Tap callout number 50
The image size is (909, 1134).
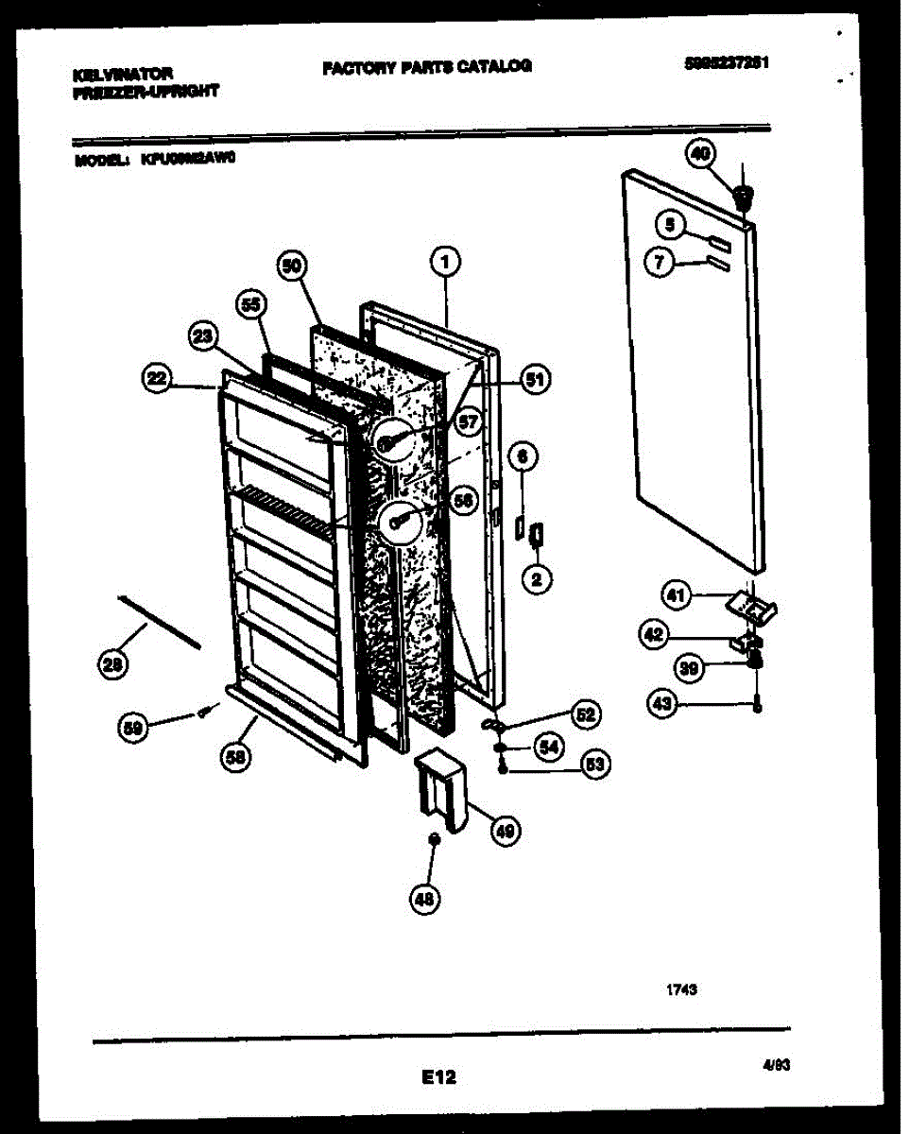293,266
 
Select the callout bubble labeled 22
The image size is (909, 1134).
157,379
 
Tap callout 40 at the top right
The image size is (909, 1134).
702,154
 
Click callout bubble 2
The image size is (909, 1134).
536,579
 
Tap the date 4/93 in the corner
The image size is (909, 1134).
776,1064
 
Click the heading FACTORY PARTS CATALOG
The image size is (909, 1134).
427,66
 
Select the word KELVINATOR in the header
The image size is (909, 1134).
123,73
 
